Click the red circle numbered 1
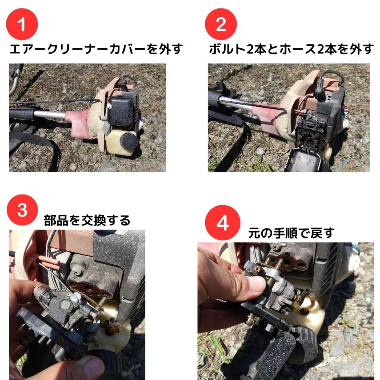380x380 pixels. click(x=22, y=24)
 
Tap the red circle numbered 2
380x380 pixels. click(x=221, y=24)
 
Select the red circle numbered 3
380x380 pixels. click(x=22, y=210)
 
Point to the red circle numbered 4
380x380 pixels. click(x=223, y=223)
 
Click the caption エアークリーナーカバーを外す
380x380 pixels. click(x=96, y=49)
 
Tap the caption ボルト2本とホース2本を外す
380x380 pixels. click(x=291, y=49)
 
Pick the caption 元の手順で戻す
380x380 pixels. click(x=291, y=233)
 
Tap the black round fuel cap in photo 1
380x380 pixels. click(x=130, y=141)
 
